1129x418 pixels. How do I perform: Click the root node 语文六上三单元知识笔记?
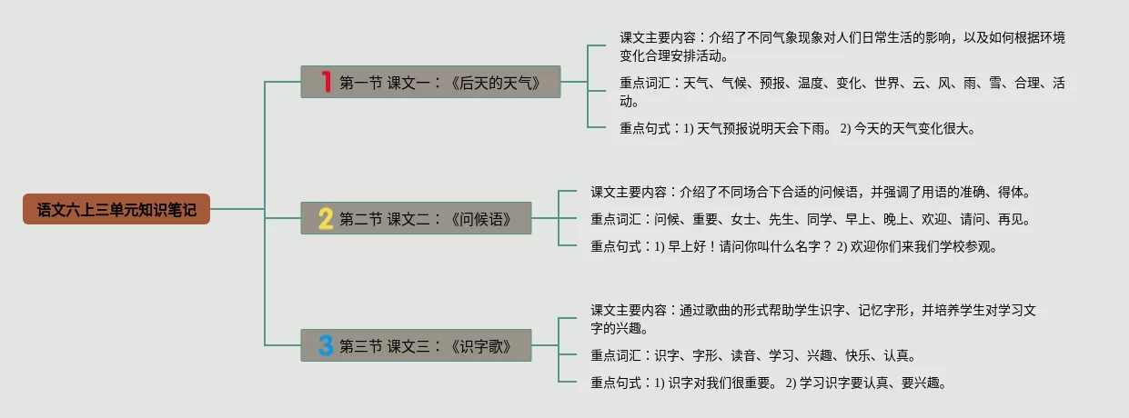[x=116, y=209]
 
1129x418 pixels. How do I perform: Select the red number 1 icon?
[x=327, y=82]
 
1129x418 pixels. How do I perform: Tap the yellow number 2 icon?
[x=326, y=218]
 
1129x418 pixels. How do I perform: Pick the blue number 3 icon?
[x=326, y=345]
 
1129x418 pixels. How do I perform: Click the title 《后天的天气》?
[x=501, y=83]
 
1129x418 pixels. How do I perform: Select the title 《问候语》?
[x=480, y=219]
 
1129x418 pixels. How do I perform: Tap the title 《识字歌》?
[x=480, y=346]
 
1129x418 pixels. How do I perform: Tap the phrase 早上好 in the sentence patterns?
[x=687, y=246]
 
